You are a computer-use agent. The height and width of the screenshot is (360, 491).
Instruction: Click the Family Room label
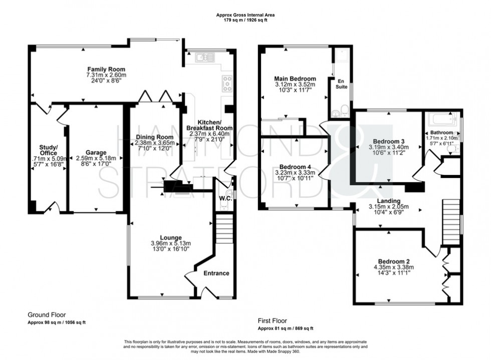[106, 69]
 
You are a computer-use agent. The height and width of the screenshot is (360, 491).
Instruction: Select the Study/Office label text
[49, 149]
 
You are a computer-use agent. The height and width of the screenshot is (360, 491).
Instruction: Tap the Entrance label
[216, 273]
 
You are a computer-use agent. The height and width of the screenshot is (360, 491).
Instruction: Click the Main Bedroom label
[295, 79]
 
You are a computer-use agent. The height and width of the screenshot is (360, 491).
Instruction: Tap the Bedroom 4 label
[295, 166]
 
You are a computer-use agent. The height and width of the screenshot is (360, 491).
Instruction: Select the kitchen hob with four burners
[227, 83]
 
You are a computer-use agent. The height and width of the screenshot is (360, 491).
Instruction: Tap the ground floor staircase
[223, 228]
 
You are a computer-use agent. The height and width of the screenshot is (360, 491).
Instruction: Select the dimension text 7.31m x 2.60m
[106, 75]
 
